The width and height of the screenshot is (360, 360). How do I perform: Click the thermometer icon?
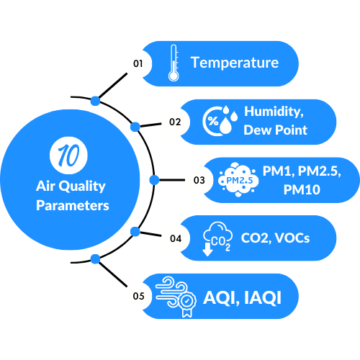point(174,63)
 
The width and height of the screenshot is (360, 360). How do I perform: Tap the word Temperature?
point(235,63)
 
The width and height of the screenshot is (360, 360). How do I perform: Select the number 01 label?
point(138,63)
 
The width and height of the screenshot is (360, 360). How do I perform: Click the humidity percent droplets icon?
point(220,121)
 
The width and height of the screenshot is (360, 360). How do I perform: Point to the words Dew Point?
point(275,130)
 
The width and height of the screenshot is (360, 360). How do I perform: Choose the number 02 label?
point(175,122)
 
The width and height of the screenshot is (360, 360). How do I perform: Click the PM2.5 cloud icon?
point(238,180)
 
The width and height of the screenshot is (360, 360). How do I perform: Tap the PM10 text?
point(302,189)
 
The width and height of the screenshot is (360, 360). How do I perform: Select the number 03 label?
point(199,180)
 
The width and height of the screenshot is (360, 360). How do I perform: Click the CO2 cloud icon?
point(217,239)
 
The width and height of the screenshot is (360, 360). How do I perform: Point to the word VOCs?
point(292,238)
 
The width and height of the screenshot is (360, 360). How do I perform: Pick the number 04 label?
point(176,238)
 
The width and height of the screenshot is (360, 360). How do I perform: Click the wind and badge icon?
point(176,297)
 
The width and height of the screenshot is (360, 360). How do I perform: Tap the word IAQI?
point(263,297)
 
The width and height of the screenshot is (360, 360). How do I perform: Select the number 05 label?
point(139,296)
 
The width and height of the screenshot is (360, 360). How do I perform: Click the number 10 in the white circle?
point(68,156)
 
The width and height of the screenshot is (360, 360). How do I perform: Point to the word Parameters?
point(73,206)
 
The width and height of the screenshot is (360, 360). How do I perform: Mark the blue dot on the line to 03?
point(154,180)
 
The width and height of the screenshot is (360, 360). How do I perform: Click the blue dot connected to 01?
point(95,101)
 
